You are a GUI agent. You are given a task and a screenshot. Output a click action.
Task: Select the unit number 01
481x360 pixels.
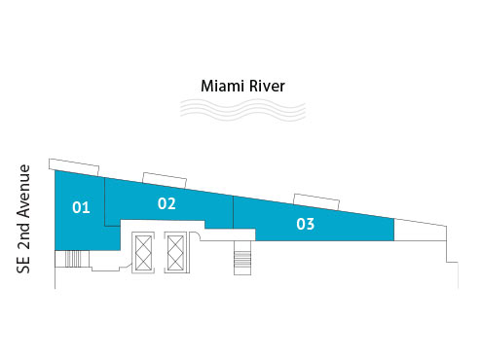[81, 207]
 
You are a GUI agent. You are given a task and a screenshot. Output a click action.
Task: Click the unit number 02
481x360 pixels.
[166, 203]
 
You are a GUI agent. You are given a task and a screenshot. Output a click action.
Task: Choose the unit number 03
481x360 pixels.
[305, 224]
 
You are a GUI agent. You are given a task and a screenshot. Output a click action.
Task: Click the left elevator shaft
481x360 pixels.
[142, 253]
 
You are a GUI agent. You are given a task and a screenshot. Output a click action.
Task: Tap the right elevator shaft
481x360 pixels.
[176, 253]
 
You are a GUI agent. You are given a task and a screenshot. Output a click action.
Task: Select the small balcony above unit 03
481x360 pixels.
[315, 199]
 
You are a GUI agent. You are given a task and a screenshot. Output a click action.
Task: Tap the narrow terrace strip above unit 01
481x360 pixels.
[75, 165]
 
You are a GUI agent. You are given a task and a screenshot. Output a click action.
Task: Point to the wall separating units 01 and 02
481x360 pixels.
[104, 199]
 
